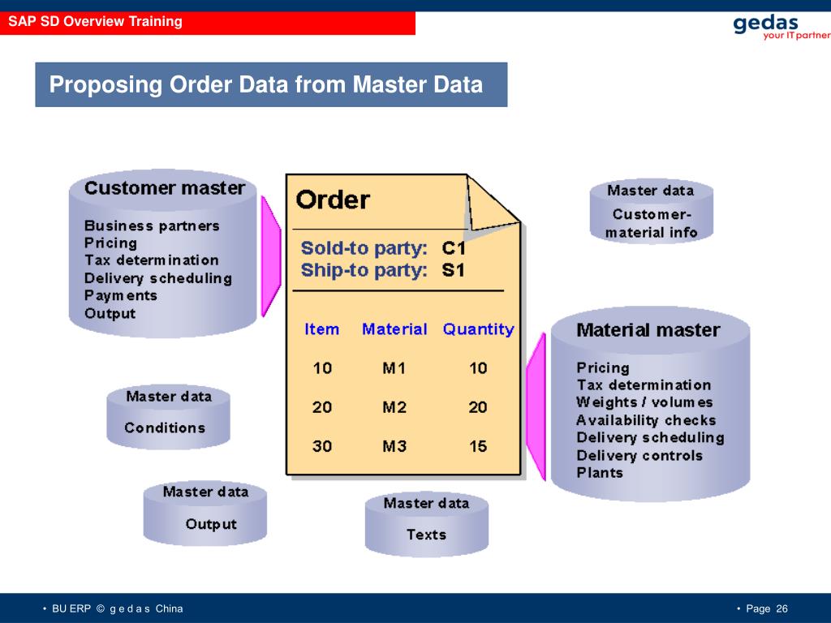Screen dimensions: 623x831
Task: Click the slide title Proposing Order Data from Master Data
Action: [x=266, y=84]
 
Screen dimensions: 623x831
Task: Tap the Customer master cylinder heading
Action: [x=165, y=188]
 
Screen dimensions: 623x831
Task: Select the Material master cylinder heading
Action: [x=648, y=330]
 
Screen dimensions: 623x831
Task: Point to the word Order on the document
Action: [x=333, y=200]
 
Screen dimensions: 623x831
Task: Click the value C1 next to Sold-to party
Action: [x=454, y=248]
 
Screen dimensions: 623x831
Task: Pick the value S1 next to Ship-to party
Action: [x=453, y=270]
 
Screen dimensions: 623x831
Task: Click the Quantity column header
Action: [x=478, y=329]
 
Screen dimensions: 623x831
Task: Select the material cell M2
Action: [x=394, y=407]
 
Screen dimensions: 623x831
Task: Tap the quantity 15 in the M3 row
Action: [x=478, y=446]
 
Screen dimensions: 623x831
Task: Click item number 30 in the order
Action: [x=322, y=446]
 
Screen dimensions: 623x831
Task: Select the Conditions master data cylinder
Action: [x=168, y=417]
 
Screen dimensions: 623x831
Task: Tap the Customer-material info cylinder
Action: [x=651, y=213]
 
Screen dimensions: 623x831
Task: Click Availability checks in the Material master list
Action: [x=646, y=420]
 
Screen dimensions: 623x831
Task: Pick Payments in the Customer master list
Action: [x=121, y=295]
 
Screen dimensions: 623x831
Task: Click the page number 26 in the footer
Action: [x=781, y=609]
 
